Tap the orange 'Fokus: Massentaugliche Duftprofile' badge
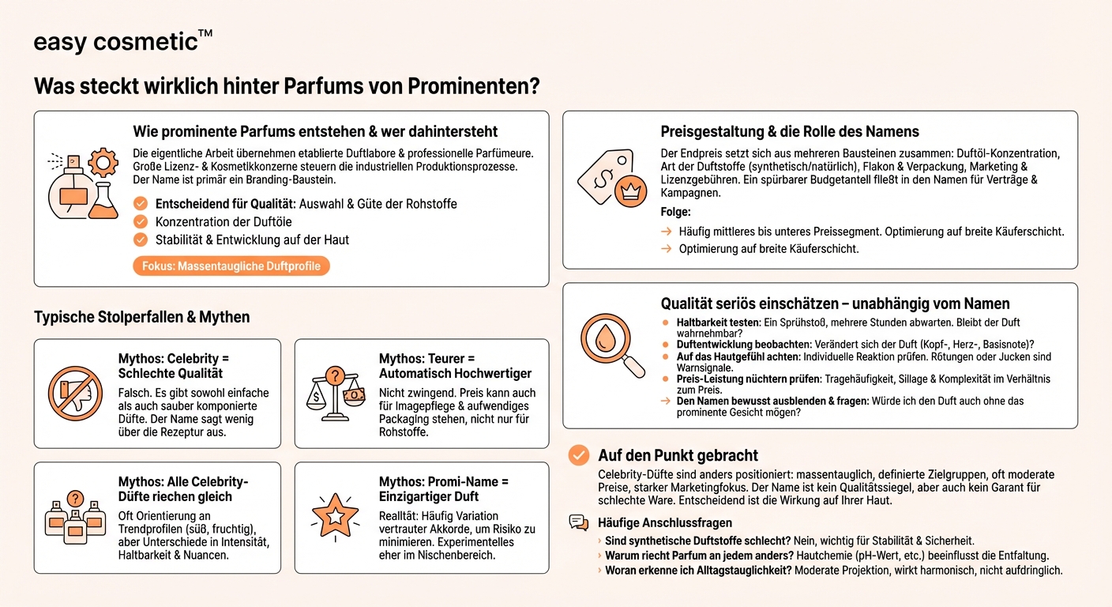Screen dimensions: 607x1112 pyautogui.click(x=231, y=266)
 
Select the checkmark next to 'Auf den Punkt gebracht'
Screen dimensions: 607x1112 pyautogui.click(x=579, y=455)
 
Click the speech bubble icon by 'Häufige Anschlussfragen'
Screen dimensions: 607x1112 pyautogui.click(x=579, y=522)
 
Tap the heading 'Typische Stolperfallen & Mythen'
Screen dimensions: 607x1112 pyautogui.click(x=141, y=317)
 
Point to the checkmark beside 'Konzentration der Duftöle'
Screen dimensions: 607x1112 pyautogui.click(x=141, y=221)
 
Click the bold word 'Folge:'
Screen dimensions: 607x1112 pyautogui.click(x=676, y=212)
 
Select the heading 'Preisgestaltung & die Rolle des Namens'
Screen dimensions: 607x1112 pyautogui.click(x=790, y=132)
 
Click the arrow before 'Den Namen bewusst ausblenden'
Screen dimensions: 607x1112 pyautogui.click(x=667, y=402)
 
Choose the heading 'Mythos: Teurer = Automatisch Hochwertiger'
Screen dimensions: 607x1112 pyautogui.click(x=455, y=366)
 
